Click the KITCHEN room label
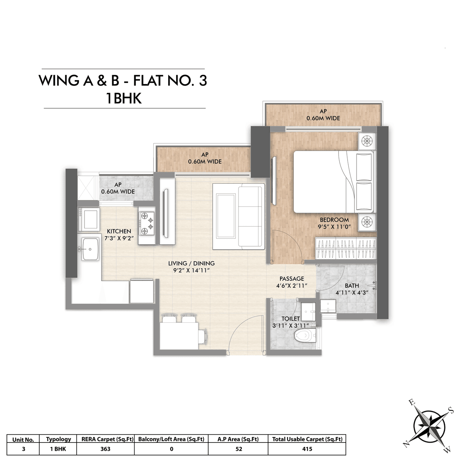click(119, 231)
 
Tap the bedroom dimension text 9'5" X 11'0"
click(334, 227)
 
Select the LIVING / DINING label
click(191, 263)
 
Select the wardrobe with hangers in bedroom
click(346, 248)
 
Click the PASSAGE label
click(292, 279)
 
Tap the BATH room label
click(352, 286)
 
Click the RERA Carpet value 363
click(105, 449)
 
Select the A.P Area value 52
click(238, 449)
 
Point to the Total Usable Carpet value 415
click(307, 449)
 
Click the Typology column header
click(58, 439)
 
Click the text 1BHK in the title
click(123, 98)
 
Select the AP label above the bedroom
click(323, 112)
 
